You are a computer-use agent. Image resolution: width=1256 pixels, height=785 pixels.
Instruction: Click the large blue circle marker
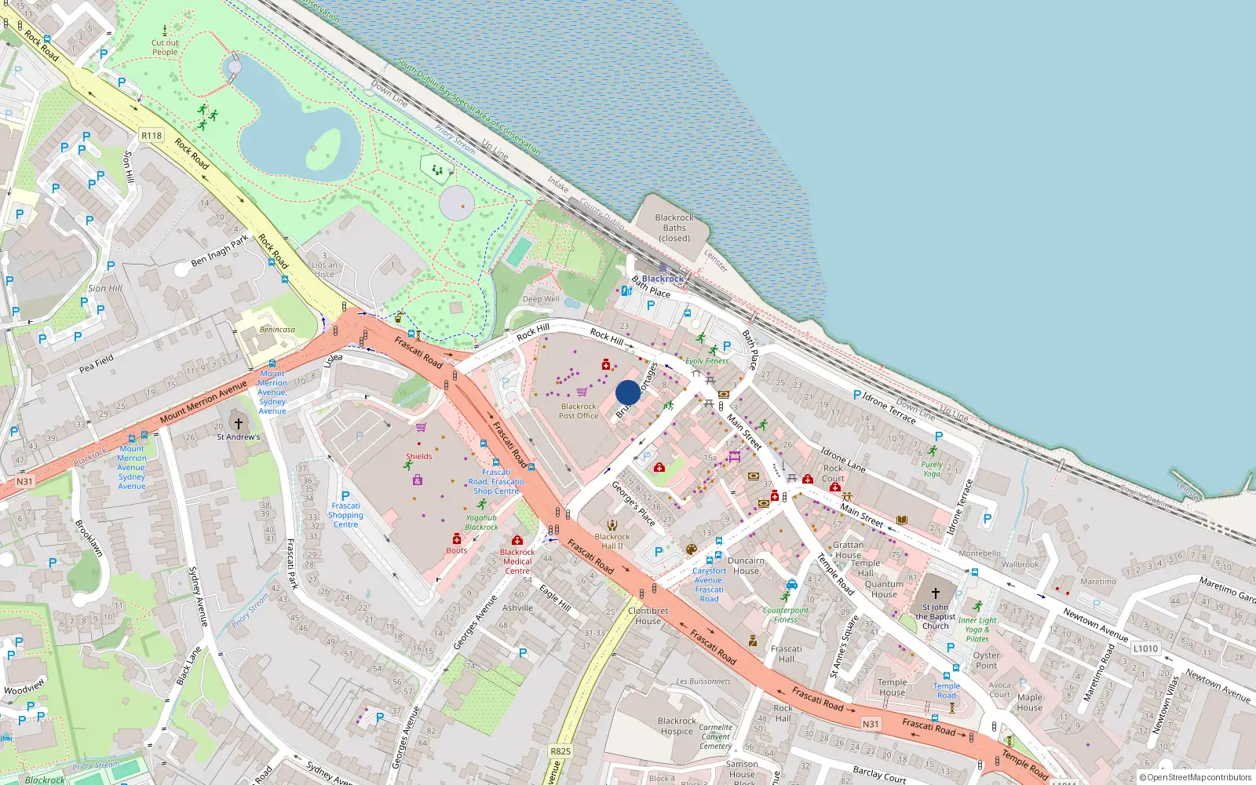[x=628, y=392]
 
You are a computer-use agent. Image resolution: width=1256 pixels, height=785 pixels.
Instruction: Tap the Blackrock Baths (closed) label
[x=674, y=228]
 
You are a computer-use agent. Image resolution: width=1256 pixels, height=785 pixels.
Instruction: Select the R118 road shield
[x=152, y=136]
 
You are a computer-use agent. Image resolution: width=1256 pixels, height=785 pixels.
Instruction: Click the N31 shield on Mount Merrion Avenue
[x=24, y=481]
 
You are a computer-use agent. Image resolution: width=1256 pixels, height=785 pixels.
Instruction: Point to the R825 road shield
[x=560, y=751]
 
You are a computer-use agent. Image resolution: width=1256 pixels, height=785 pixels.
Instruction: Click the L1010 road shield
[x=1145, y=648]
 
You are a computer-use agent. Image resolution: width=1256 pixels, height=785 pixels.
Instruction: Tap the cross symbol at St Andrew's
[x=239, y=424]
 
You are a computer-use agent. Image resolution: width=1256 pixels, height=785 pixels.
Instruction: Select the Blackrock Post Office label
[x=579, y=411]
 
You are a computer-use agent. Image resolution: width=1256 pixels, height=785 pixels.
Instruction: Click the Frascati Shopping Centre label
[x=345, y=515]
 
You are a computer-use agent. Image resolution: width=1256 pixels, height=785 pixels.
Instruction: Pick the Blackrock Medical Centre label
[x=517, y=561]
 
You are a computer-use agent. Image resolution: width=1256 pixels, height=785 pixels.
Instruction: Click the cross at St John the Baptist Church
[x=935, y=593]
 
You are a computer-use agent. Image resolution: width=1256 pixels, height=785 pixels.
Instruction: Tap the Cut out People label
[x=165, y=48]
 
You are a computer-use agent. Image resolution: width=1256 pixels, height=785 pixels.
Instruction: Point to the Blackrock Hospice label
[x=677, y=726]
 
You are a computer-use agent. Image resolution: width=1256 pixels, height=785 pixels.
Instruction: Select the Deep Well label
[x=541, y=299]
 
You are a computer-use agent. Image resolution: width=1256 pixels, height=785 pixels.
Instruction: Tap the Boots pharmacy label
[x=457, y=550]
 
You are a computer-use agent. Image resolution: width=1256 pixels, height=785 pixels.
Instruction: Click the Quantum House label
[x=884, y=589]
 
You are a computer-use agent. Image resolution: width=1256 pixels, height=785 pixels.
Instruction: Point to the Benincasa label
[x=277, y=330]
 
